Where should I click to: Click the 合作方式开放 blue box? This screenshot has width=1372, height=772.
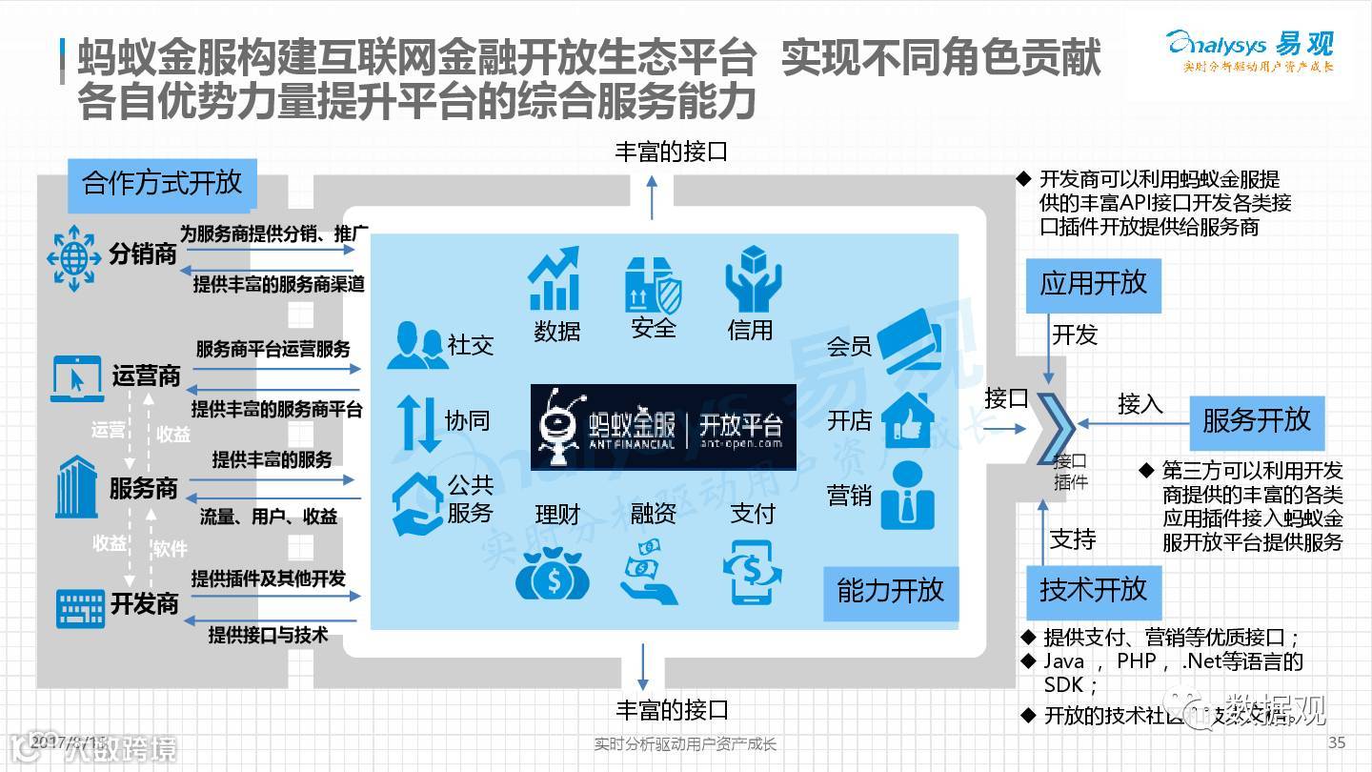[163, 182]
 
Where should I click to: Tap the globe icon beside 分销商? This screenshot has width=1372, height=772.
[73, 255]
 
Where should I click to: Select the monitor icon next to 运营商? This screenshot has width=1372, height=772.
[76, 377]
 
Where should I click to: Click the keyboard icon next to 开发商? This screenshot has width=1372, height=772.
[80, 606]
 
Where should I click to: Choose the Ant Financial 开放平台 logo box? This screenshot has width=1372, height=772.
[663, 427]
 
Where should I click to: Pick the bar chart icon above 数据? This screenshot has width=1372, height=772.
[555, 278]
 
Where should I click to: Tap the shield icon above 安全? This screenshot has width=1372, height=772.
[654, 284]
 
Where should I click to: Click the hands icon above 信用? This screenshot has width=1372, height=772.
[752, 279]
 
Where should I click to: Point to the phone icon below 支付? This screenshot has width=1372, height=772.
[752, 572]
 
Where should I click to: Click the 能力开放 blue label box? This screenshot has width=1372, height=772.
[890, 591]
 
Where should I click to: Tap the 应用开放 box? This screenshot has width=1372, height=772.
[1093, 284]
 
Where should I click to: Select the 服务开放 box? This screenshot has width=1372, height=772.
[1257, 420]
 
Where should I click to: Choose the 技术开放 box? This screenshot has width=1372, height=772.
[1093, 590]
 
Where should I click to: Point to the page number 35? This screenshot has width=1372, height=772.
[1336, 742]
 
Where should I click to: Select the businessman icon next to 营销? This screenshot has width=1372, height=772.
[906, 496]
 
